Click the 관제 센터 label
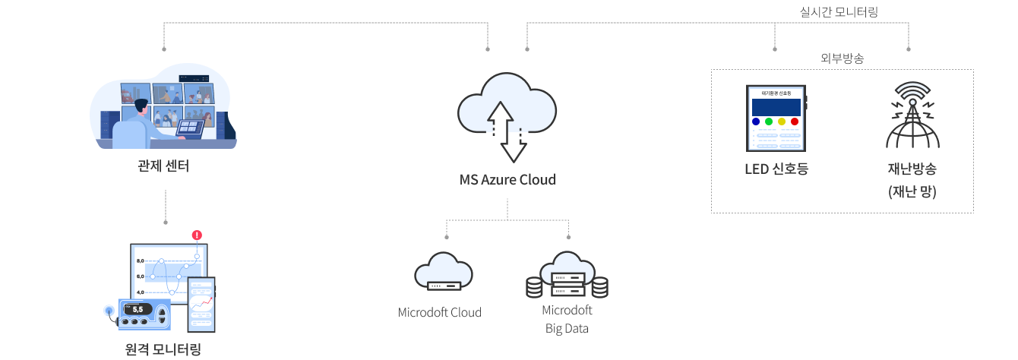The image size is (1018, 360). pos(164,166)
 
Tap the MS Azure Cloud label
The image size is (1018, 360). pos(507,180)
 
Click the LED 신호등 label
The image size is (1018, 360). pos(776,169)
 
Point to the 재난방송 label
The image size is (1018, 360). pos(912,169)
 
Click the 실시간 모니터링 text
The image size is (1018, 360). pos(839,11)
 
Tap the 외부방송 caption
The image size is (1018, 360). pos(843,58)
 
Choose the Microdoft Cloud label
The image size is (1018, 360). pos(440,312)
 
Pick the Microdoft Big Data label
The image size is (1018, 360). pos(567,319)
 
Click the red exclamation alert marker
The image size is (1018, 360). pos(198,235)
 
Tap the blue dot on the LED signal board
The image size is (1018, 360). pos(756,122)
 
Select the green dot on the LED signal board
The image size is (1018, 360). pos(769,122)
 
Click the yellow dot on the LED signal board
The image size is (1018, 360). pos(782,122)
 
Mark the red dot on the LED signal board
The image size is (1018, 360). pos(795,122)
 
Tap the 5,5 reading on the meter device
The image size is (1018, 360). pos(138,309)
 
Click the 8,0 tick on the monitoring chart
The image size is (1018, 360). pos(140,261)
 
